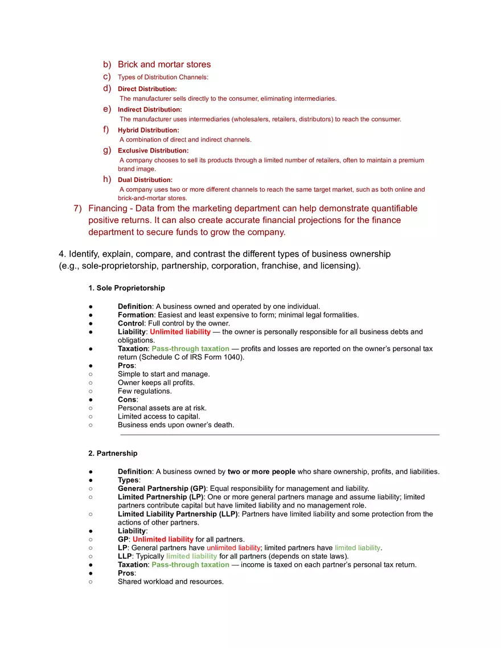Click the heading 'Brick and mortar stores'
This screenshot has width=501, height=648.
(x=164, y=64)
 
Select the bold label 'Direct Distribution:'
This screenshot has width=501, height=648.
(x=147, y=89)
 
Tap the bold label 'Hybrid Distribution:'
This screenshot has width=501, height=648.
(x=148, y=130)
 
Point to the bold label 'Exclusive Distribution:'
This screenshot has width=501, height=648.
(x=153, y=151)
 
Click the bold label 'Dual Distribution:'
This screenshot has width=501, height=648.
(x=145, y=180)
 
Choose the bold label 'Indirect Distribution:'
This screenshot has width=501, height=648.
(x=150, y=109)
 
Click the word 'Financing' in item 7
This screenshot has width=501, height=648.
(x=108, y=208)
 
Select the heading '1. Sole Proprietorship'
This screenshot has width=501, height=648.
(x=126, y=288)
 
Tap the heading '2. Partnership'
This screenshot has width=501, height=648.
(x=113, y=453)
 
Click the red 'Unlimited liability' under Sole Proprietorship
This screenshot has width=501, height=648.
(x=180, y=332)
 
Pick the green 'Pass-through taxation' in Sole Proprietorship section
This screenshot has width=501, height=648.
(x=190, y=349)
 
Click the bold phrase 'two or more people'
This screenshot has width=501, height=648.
(x=261, y=472)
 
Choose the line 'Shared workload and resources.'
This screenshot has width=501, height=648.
(x=170, y=581)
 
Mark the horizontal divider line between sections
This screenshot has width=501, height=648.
(x=279, y=435)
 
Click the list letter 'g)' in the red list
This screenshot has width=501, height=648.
(x=106, y=150)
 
